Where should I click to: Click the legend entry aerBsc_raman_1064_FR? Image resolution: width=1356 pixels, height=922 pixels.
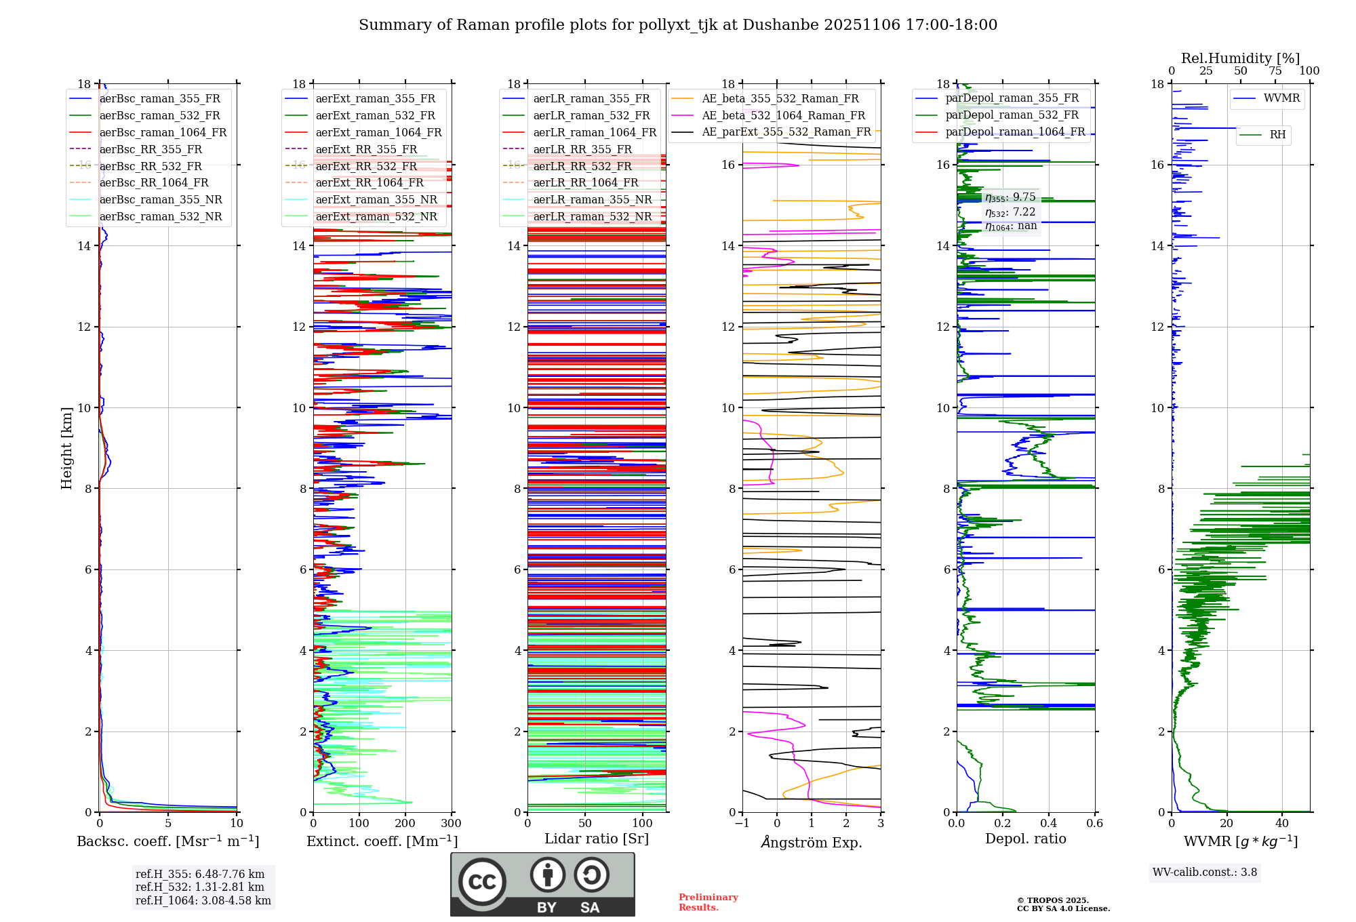pyautogui.click(x=163, y=133)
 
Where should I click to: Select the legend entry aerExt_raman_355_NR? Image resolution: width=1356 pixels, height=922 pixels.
pyautogui.click(x=376, y=200)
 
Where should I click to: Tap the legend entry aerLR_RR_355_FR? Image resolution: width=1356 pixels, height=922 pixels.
pyautogui.click(x=582, y=150)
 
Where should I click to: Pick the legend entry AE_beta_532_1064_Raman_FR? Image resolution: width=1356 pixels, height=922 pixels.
pyautogui.click(x=783, y=116)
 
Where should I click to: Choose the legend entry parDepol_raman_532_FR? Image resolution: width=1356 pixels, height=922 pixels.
pyautogui.click(x=1012, y=115)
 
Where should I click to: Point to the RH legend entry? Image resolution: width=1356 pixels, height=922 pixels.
pyautogui.click(x=1277, y=135)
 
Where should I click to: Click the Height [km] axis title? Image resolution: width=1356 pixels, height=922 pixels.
pyautogui.click(x=66, y=447)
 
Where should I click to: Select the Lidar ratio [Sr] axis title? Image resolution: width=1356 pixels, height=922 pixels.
pyautogui.click(x=597, y=839)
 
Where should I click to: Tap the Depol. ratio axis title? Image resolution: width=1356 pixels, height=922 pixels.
pyautogui.click(x=1025, y=839)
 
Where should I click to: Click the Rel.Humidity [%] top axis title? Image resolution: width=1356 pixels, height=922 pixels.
pyautogui.click(x=1240, y=58)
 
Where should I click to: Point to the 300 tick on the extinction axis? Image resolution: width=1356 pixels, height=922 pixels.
pyautogui.click(x=451, y=824)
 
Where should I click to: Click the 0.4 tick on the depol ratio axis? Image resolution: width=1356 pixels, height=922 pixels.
pyautogui.click(x=1048, y=824)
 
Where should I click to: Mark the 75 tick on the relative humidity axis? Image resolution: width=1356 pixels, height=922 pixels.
pyautogui.click(x=1275, y=71)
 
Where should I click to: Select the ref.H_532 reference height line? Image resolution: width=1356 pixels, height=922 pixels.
pyautogui.click(x=199, y=887)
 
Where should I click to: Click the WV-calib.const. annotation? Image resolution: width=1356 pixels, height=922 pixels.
pyautogui.click(x=1204, y=873)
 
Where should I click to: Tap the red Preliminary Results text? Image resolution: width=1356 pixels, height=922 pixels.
pyautogui.click(x=708, y=902)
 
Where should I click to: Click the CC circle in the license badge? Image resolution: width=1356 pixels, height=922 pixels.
pyautogui.click(x=482, y=882)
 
